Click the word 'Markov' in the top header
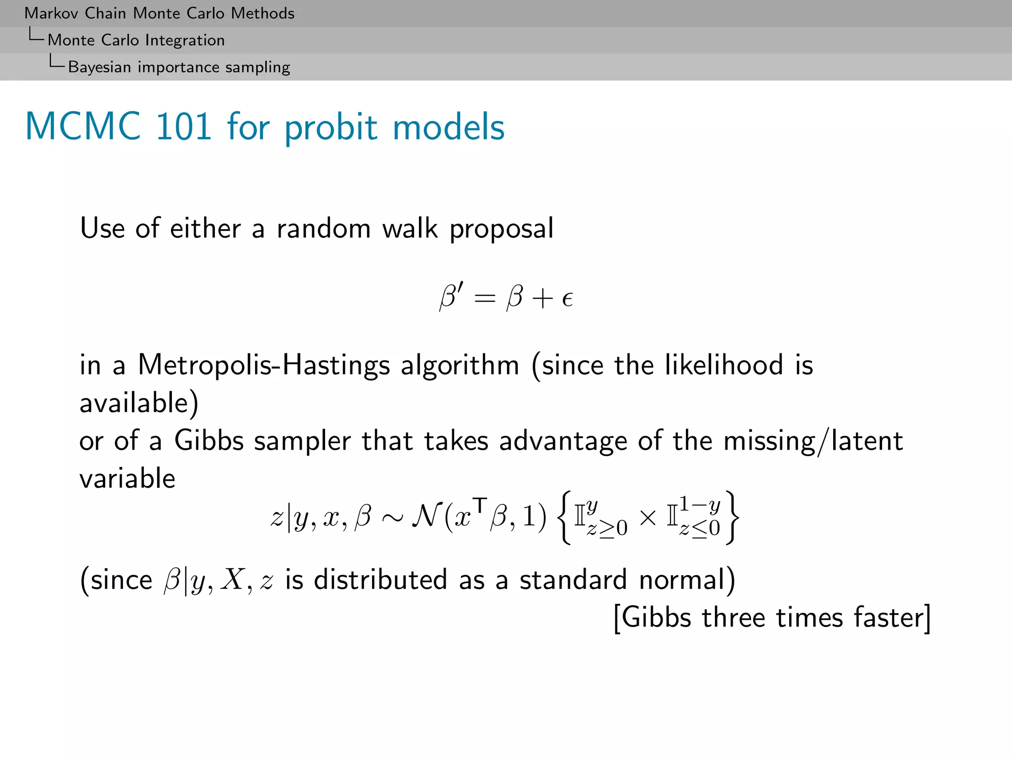[x=51, y=13]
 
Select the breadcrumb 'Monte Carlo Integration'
[x=136, y=40]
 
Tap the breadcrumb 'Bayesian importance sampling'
[x=179, y=67]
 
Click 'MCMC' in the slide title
[x=83, y=126]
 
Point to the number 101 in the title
[x=184, y=126]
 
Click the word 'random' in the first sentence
[x=324, y=228]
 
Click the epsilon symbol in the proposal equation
[x=567, y=298]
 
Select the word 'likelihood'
[x=724, y=365]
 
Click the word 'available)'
[x=139, y=403]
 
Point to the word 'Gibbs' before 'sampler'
[x=209, y=440]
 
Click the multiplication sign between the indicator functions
[x=647, y=517]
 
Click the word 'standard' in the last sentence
[x=573, y=579]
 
